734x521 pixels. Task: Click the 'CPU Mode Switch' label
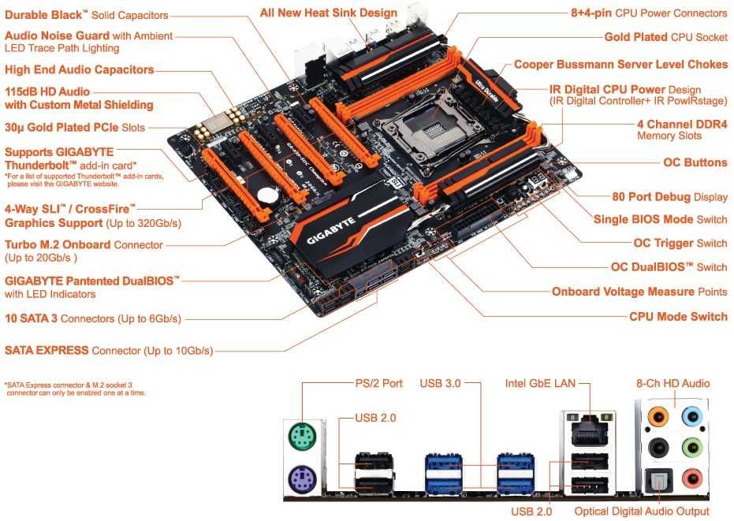tap(678, 317)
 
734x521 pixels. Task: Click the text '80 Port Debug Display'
tap(669, 197)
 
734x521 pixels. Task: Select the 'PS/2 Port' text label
tap(378, 384)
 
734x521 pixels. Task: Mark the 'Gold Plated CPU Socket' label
tap(665, 37)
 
